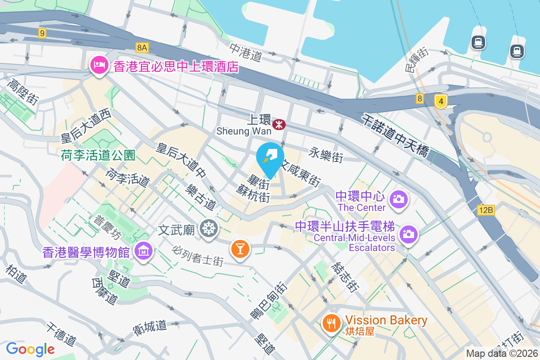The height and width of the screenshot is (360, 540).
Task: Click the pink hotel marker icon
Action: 99,66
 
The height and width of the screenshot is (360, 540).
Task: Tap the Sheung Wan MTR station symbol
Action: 279,124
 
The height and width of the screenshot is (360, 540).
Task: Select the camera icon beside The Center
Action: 398,198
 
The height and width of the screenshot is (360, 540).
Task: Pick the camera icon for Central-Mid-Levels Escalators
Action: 409,234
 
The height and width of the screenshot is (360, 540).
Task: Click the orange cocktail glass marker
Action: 240,248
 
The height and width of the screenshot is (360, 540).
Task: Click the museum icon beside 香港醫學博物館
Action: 143,251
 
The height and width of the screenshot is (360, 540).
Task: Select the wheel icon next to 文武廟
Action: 209,228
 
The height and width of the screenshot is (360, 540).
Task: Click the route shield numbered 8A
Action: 142,47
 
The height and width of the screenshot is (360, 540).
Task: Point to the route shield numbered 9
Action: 42,33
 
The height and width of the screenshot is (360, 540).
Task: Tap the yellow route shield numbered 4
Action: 441,102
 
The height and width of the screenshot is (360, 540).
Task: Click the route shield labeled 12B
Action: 486,209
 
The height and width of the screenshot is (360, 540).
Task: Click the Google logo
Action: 30,349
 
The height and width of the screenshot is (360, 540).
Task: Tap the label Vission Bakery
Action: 386,320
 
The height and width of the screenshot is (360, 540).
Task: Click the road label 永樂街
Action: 326,155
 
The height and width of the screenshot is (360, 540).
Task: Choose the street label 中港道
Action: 246,53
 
